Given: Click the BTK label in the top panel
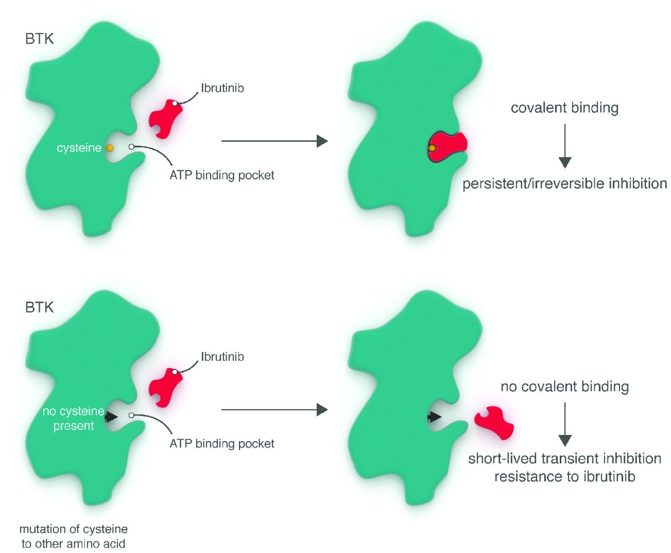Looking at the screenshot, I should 39,39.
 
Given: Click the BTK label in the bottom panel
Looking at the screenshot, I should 39,307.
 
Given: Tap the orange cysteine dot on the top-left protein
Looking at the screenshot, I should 110,148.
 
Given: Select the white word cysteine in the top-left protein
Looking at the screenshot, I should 79,148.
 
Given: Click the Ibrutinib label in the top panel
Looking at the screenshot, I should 222,88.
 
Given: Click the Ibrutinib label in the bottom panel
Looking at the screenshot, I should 222,357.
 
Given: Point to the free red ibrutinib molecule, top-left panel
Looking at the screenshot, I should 165,119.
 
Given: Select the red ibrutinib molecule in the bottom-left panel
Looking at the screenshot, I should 165,387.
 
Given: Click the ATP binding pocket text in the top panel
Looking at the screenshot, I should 222,175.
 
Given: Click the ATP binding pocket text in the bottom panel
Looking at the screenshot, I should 222,444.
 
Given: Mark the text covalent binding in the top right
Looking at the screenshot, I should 565,108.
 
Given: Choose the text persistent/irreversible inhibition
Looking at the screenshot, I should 565,184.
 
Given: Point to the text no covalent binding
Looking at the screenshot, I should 565,387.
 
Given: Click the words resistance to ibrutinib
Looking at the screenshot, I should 565,477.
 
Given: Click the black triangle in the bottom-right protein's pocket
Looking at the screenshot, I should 434,417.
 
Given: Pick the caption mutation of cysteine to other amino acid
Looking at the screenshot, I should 73,536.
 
